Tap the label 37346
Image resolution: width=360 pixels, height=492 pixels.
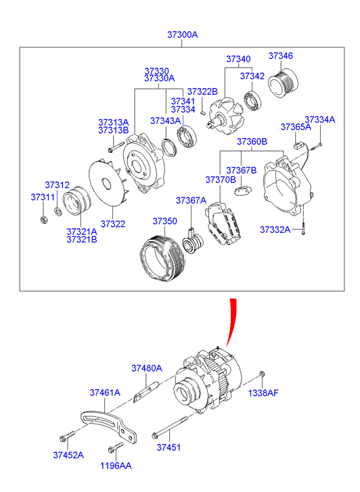281,55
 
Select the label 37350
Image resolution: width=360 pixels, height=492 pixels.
164,221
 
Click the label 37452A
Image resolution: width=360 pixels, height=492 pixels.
68,455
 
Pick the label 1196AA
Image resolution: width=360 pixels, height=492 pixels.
117,466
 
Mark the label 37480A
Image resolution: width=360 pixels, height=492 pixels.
146,368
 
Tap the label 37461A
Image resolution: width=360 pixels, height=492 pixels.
104,392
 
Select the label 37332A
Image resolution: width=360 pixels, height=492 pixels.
275,230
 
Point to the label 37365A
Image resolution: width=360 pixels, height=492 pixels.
296,127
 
